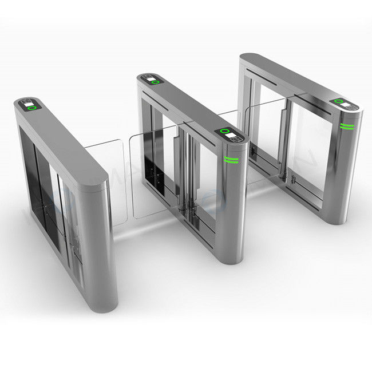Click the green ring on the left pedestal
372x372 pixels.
click(33, 106)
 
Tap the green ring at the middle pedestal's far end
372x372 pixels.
click(155, 82)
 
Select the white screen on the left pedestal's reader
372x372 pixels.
click(26, 104)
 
